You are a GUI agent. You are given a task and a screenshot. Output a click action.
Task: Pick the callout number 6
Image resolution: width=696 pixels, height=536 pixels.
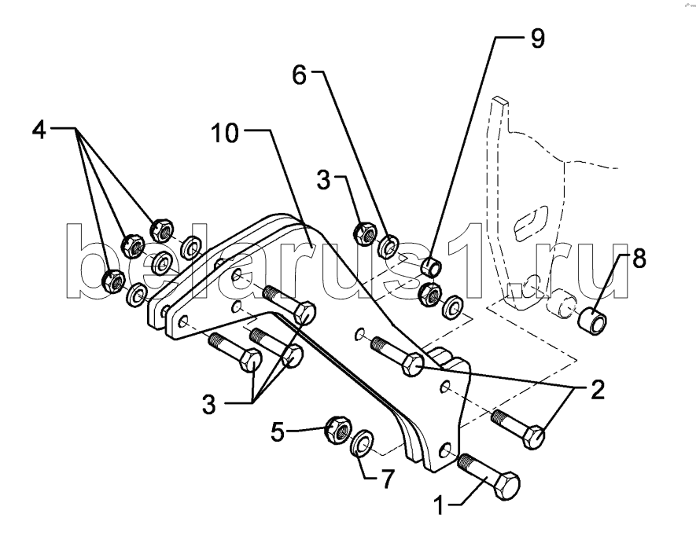pyautogui.click(x=299, y=77)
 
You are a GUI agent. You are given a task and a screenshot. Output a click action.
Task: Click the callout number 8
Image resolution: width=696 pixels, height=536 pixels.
pyautogui.click(x=639, y=259)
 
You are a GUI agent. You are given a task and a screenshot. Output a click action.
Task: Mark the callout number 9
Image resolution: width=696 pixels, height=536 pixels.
pyautogui.click(x=537, y=39)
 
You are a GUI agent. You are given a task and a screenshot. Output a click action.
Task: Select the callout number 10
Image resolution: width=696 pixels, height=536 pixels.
pyautogui.click(x=224, y=134)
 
